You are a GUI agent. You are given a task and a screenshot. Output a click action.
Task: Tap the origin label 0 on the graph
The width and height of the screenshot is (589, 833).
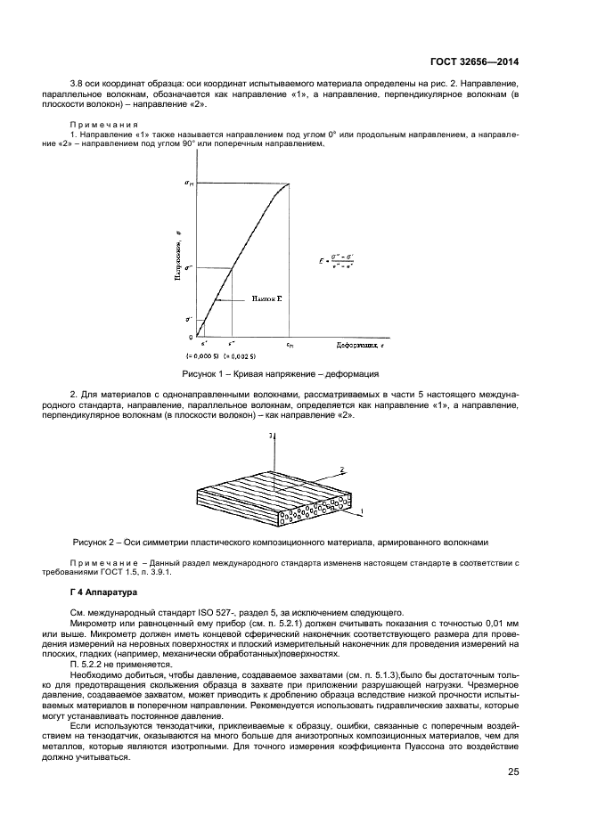(190, 337)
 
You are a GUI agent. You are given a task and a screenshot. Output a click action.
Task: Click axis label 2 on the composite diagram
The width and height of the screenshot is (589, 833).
(341, 467)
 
